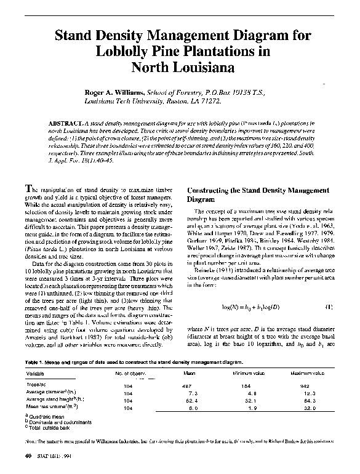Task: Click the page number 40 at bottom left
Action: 28,456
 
